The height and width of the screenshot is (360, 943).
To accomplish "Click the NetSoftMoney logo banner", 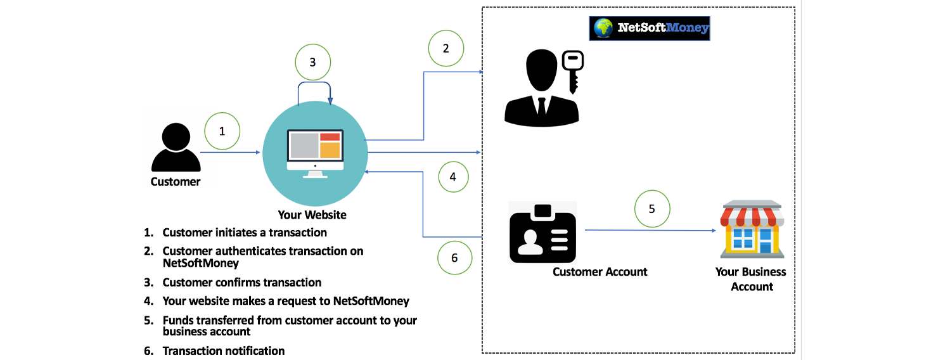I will (650, 29).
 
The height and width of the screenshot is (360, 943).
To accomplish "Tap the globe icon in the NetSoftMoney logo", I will (603, 28).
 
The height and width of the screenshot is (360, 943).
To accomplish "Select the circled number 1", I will (222, 131).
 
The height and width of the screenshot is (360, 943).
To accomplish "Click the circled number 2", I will (446, 48).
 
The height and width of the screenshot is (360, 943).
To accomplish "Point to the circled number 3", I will (312, 62).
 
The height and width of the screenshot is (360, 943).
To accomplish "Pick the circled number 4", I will (452, 177).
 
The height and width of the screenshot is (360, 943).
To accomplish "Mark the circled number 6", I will (454, 257).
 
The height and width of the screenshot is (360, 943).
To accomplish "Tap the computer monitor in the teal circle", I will (315, 152).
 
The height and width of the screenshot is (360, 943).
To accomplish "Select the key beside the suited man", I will (572, 71).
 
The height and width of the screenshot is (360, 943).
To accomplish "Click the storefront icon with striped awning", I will (752, 229).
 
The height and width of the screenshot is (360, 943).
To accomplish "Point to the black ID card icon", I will (543, 233).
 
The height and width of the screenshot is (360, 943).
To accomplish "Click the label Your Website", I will (312, 215).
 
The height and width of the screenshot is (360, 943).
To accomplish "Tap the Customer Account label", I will (600, 272).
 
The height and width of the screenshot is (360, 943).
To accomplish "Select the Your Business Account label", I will (751, 279).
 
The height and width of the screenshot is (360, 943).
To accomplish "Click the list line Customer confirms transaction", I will (241, 283).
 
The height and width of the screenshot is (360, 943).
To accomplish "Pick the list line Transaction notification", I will (223, 350).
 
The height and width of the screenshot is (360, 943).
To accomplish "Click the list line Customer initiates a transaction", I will (245, 233).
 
